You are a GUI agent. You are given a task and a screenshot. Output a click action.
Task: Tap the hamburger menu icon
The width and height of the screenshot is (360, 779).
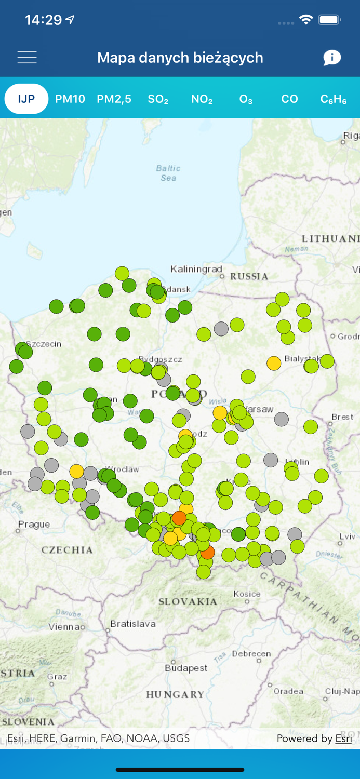[x=27, y=57]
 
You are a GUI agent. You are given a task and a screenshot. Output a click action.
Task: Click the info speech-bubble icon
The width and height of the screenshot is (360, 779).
[x=332, y=58]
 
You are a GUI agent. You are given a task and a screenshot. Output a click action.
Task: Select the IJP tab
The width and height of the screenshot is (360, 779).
[x=26, y=99]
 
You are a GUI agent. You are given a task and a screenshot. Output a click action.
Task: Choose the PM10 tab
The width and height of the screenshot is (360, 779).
[x=70, y=99]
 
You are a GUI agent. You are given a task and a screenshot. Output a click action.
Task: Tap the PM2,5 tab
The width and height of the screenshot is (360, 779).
[x=114, y=99]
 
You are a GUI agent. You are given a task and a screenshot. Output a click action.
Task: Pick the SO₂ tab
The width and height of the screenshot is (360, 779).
[x=158, y=99]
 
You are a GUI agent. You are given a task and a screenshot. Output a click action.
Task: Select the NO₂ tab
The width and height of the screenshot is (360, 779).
[x=202, y=99]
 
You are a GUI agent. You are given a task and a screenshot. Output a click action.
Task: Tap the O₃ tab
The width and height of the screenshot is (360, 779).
[x=246, y=99]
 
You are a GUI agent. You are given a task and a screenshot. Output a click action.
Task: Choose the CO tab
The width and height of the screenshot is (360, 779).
[x=289, y=99]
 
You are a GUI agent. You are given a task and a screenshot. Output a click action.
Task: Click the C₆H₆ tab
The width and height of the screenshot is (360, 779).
[x=334, y=99]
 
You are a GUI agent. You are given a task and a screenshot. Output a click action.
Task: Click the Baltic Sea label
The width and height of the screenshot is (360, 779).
[x=168, y=173]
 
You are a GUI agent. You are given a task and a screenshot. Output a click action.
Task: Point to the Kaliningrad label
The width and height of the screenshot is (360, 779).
[x=196, y=269]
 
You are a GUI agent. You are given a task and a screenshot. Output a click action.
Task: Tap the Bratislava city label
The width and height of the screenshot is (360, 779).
[x=133, y=624]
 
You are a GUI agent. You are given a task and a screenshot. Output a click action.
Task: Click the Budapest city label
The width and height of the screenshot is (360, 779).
[x=185, y=668]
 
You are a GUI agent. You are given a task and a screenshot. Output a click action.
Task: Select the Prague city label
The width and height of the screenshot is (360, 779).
[x=34, y=525]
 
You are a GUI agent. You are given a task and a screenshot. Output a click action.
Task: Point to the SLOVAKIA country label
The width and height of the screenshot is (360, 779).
[x=188, y=601]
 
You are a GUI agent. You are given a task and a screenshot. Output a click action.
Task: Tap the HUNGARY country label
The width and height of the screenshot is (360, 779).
[x=175, y=694]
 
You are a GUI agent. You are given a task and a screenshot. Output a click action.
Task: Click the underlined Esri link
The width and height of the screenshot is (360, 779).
[x=343, y=738]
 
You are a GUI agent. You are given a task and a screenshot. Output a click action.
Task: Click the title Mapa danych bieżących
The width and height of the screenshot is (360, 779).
[x=180, y=58]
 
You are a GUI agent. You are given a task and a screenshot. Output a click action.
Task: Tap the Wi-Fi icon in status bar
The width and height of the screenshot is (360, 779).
[x=306, y=20]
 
